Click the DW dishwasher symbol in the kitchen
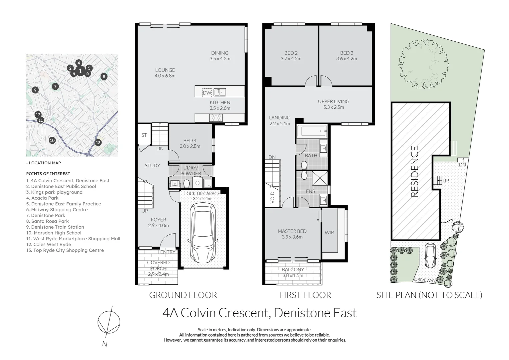tap(207, 92)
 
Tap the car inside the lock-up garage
tap(203, 233)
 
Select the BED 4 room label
tap(190, 141)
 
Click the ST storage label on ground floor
tap(144, 135)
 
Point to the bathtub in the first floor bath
tap(311, 131)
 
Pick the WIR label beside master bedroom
tap(329, 233)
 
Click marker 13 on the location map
tap(98, 143)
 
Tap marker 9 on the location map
tap(35, 90)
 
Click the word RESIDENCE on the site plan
tap(415, 171)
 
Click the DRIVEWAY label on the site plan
tap(425, 280)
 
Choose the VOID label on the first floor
tap(272, 198)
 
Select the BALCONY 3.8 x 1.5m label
tap(293, 272)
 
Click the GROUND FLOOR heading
tap(183, 295)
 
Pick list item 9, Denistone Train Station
tap(55, 227)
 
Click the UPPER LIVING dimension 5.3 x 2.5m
tap(333, 107)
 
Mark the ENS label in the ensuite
tap(310, 191)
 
